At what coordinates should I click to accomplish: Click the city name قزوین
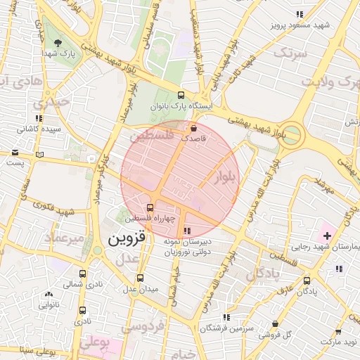(x=127, y=240)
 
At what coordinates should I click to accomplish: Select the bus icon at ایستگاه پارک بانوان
(x=181, y=96)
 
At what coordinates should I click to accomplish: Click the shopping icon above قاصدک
(x=193, y=128)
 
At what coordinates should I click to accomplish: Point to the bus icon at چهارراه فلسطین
(x=150, y=207)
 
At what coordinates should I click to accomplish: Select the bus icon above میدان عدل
(x=140, y=278)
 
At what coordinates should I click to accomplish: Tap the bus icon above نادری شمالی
(x=83, y=274)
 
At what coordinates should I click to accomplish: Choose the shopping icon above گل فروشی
(x=275, y=324)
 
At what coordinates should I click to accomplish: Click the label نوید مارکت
(x=339, y=341)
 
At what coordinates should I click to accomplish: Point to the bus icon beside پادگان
(x=306, y=281)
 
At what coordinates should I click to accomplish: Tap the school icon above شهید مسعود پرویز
(x=300, y=14)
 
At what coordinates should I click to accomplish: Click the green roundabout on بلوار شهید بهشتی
(x=290, y=134)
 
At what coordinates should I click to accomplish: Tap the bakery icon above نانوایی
(x=49, y=295)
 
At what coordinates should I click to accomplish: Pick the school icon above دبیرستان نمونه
(x=186, y=231)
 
